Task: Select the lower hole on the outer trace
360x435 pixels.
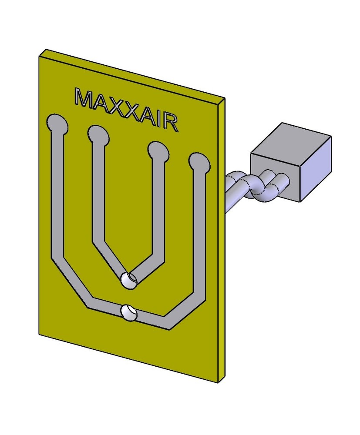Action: (128, 312)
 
